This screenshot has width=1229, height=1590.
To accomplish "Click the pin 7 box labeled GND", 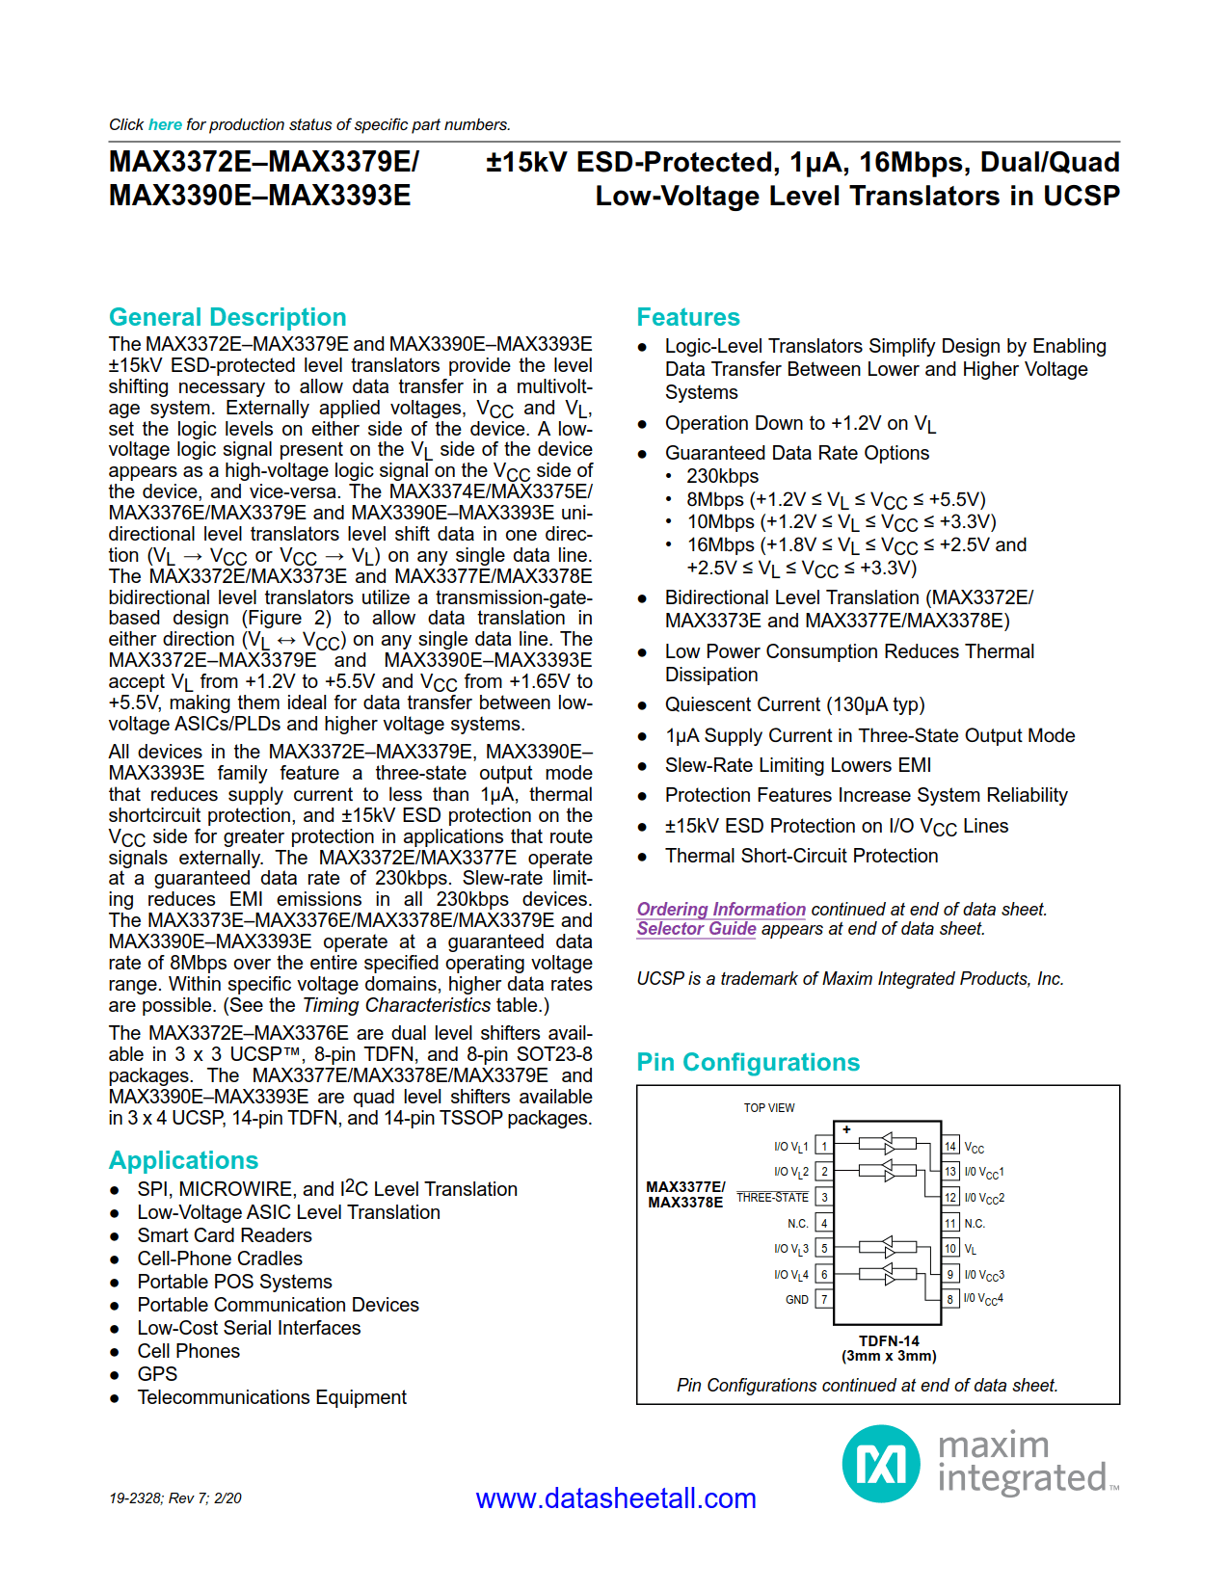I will pos(824,1299).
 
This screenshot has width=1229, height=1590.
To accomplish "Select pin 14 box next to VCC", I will pos(950,1146).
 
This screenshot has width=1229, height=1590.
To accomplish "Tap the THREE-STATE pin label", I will pos(772,1197).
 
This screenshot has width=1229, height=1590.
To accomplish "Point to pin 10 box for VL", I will pos(950,1249).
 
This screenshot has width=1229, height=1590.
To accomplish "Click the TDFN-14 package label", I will pos(889,1340).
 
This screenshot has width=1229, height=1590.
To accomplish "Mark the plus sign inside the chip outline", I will pos(846,1129).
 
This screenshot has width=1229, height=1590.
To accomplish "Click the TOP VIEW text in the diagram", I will pos(768,1108).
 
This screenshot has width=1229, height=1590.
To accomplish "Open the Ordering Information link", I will pos(721,909).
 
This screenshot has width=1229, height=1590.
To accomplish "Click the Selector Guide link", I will pos(696,929).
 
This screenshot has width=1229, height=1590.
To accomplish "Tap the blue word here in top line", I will pos(165,124).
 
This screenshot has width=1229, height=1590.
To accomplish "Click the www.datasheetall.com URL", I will pos(616,1498).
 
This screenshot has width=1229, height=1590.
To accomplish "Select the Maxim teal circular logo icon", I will pos(881,1464).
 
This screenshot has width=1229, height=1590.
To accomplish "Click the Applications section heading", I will pos(183,1160).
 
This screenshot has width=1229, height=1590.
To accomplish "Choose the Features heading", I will pos(688,317).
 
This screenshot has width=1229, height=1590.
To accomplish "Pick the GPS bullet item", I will pos(157,1374).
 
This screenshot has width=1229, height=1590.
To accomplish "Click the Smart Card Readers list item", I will pos(225,1235).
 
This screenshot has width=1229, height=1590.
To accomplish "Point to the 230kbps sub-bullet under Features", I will pos(722,476).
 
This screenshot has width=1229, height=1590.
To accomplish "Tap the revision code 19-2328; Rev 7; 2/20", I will pos(175,1498).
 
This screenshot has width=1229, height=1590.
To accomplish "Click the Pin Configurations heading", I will pos(748,1062).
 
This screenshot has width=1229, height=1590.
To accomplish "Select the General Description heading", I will pos(227,317).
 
